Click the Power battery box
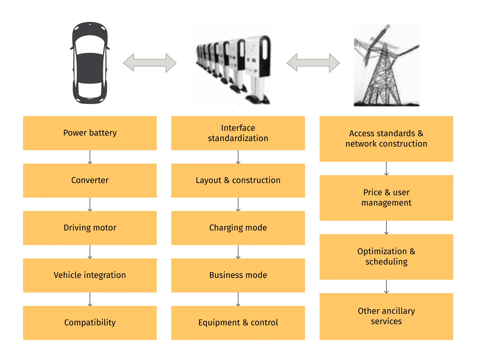[x=90, y=133]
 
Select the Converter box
[x=90, y=180]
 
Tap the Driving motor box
[x=90, y=228]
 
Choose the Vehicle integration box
[x=90, y=275]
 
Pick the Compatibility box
[x=90, y=323]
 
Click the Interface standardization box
[x=238, y=133]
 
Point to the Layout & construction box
[x=238, y=180]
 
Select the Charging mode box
[x=238, y=228]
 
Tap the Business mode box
[x=238, y=275]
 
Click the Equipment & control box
[x=238, y=323]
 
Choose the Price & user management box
[x=386, y=198]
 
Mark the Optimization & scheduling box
[x=386, y=257]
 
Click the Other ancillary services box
[x=386, y=316]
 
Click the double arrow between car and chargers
[x=149, y=63]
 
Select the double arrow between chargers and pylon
[x=313, y=63]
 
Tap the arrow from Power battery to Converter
[x=90, y=157]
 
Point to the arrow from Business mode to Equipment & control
[x=238, y=299]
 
